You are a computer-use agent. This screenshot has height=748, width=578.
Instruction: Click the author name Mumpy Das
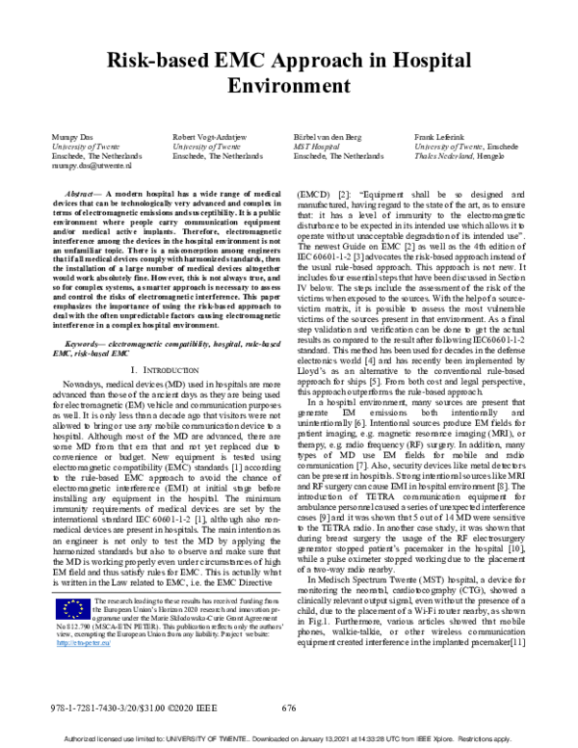pyautogui.click(x=67, y=139)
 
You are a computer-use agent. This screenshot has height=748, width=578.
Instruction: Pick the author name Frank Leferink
pyautogui.click(x=438, y=139)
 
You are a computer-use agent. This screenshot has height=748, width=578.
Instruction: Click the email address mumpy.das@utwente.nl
pyautogui.click(x=83, y=165)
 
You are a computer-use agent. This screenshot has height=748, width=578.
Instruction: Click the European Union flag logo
pyautogui.click(x=66, y=611)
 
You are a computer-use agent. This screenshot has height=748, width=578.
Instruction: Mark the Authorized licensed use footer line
pyautogui.click(x=289, y=739)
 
